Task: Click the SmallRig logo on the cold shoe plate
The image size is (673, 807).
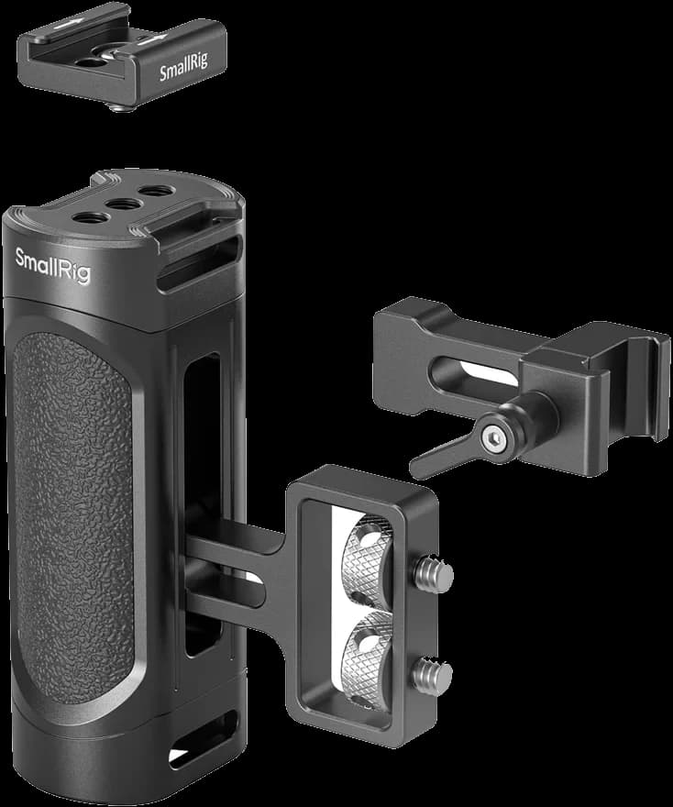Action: (x=183, y=67)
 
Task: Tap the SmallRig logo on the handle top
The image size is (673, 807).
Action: (x=52, y=266)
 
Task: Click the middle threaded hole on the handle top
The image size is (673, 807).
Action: (x=123, y=205)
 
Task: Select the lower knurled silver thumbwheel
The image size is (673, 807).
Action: (x=367, y=658)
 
